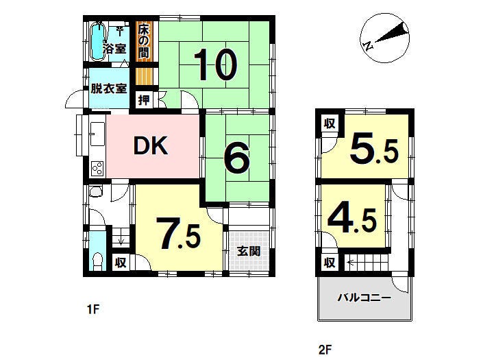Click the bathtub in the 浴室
point(98,41)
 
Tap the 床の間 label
point(143,41)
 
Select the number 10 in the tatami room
point(216,64)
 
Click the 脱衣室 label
point(109,88)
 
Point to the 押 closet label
point(144,100)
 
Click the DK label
point(151,145)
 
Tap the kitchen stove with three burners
point(97,168)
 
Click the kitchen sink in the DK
point(98,134)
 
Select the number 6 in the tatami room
point(236,158)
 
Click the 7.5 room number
point(179,233)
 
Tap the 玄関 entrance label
point(249,251)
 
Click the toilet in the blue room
point(97,261)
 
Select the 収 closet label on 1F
point(121,263)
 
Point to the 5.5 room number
point(374,149)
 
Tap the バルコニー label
point(364,298)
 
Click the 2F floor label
point(325,350)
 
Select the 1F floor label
point(92,309)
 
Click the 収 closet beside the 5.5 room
point(330,123)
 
